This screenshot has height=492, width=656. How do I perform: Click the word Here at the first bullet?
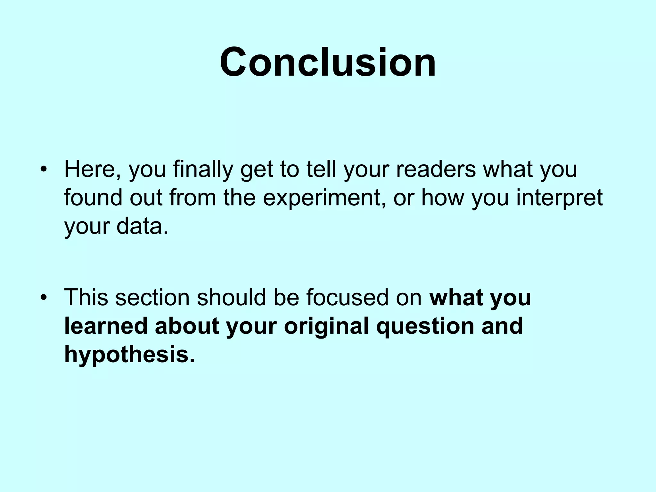pos(89,169)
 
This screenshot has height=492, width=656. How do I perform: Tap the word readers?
pos(436,169)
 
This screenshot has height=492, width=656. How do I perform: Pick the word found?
pos(93,198)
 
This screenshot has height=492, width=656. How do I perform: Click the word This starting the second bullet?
pos(86,298)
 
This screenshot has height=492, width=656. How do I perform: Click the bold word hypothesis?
pos(130,354)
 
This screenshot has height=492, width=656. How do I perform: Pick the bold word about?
pos(187,326)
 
